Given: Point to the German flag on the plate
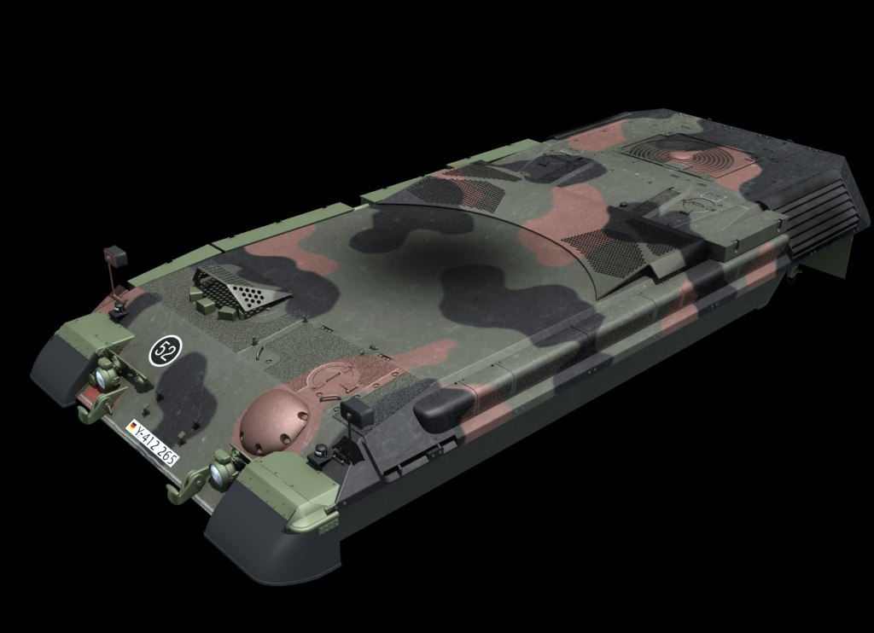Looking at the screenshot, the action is [x=132, y=427].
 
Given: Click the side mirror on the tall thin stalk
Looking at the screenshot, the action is [x=115, y=256].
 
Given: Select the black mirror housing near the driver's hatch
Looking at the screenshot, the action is [x=356, y=412].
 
